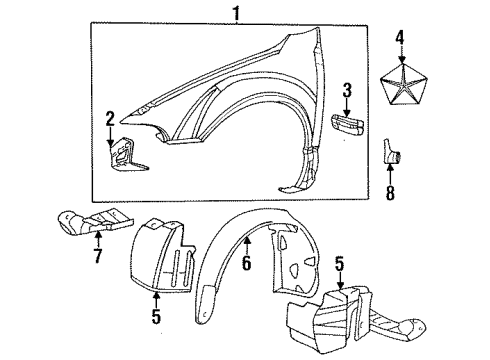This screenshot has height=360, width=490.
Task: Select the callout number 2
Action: pyautogui.click(x=109, y=120)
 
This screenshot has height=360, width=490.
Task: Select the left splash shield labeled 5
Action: pyautogui.click(x=165, y=266)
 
